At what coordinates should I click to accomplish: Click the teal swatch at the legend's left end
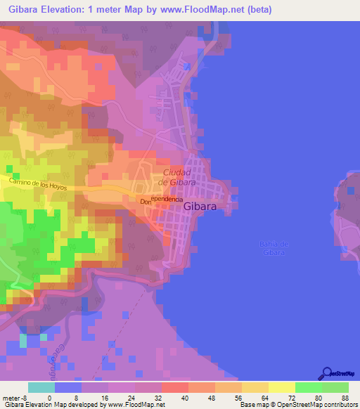(x=41, y=387)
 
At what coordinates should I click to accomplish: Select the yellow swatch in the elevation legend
(x=281, y=387)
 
